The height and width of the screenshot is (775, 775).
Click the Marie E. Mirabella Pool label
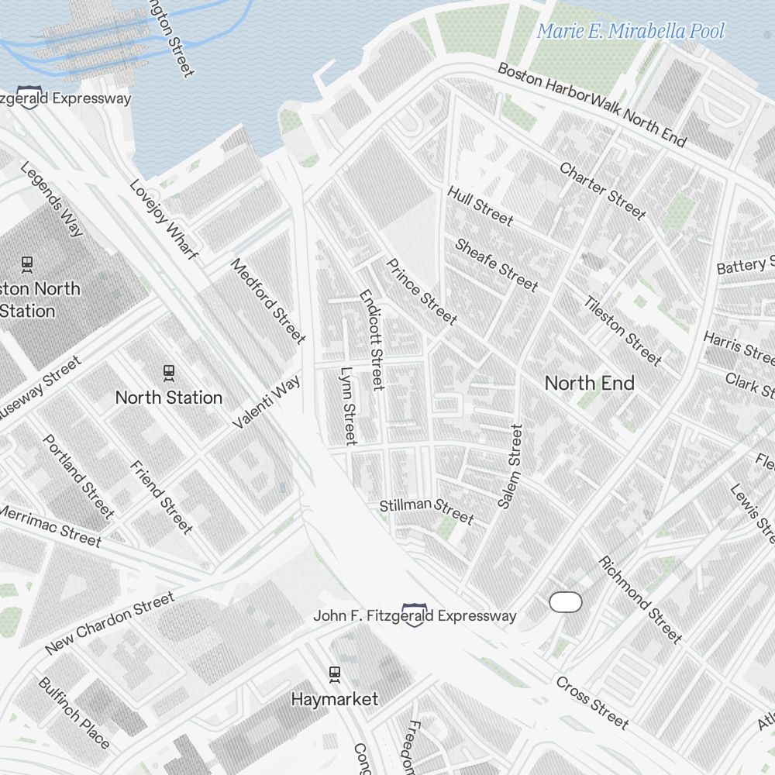click(630, 31)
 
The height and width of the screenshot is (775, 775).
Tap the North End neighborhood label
click(589, 383)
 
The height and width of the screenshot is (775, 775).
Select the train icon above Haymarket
click(335, 674)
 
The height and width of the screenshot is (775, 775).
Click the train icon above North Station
click(169, 373)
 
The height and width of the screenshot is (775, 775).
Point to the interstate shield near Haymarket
click(414, 615)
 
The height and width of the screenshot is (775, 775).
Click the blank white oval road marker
click(565, 601)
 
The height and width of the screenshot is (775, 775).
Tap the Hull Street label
click(480, 205)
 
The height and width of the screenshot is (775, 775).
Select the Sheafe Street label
click(496, 265)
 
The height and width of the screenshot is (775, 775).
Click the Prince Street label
click(422, 291)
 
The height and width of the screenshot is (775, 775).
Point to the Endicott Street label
click(372, 340)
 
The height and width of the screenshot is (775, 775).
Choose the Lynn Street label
click(348, 405)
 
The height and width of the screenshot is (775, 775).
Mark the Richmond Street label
click(640, 599)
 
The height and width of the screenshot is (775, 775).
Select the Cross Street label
click(592, 702)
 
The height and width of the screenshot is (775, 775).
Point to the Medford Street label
click(268, 300)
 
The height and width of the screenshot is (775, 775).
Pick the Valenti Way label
click(266, 402)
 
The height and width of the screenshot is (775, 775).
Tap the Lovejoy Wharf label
click(164, 219)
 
